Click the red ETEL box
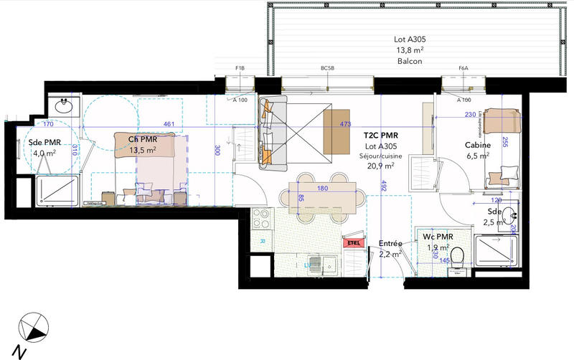(353, 242)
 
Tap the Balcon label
(409, 61)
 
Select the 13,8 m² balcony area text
(409, 51)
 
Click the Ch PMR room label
(143, 139)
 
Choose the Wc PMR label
(437, 236)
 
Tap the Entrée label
(390, 244)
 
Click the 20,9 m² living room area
(380, 166)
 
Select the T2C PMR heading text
(380, 135)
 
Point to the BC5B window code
(328, 69)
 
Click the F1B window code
(240, 69)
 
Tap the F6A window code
(464, 69)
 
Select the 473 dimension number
(345, 124)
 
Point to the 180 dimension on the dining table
(322, 189)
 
